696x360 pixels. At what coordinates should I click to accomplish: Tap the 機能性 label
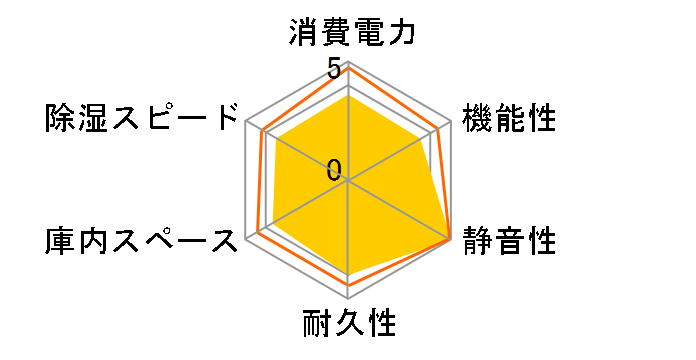click(509, 119)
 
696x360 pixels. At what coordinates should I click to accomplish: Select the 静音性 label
click(509, 241)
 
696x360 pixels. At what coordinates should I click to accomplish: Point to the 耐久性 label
click(349, 325)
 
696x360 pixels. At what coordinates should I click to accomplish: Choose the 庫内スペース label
click(143, 241)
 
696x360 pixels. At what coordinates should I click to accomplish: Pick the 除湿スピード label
click(143, 119)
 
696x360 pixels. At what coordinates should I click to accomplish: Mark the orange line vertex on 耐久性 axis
click(349, 285)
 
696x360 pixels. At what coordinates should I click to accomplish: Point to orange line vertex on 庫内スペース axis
click(258, 233)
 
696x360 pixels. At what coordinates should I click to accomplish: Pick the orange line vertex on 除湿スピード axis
click(261, 130)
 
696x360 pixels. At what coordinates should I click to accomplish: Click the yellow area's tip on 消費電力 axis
click(349, 96)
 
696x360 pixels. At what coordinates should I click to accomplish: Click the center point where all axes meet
click(349, 181)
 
